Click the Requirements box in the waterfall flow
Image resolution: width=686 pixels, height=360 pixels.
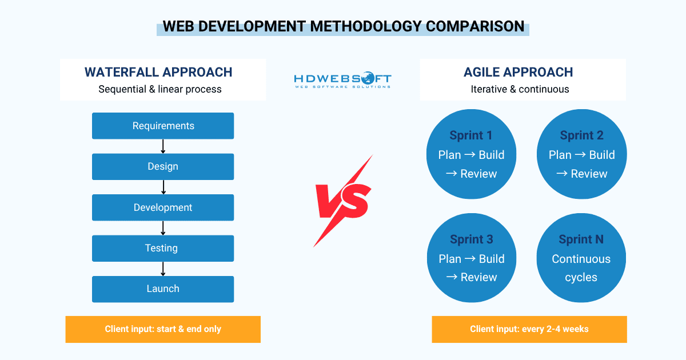pyautogui.click(x=163, y=126)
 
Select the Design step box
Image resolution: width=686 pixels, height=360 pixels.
pyautogui.click(x=163, y=166)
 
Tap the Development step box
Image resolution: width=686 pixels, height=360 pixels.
pyautogui.click(x=163, y=207)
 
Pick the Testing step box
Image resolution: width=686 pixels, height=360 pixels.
pyautogui.click(x=163, y=248)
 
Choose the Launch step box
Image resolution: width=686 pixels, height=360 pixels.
pyautogui.click(x=163, y=289)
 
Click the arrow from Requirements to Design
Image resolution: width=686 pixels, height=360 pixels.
pyautogui.click(x=163, y=146)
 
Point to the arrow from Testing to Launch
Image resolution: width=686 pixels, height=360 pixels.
pyautogui.click(x=163, y=269)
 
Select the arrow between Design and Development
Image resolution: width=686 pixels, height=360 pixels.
pyautogui.click(x=163, y=187)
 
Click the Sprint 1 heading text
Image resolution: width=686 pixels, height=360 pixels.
pyautogui.click(x=471, y=135)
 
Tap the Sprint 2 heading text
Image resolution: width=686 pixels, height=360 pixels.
pyautogui.click(x=581, y=135)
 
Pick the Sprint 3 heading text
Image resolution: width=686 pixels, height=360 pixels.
pyautogui.click(x=471, y=239)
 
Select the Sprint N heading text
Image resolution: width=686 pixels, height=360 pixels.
pyautogui.click(x=581, y=239)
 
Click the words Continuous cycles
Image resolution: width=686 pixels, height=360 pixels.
pyautogui.click(x=581, y=268)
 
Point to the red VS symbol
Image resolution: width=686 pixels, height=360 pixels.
pyautogui.click(x=344, y=201)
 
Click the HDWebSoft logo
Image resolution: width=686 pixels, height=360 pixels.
pyautogui.click(x=342, y=80)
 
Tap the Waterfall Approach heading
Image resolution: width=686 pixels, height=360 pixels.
pyautogui.click(x=158, y=72)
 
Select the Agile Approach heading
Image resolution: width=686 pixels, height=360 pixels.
pyautogui.click(x=518, y=72)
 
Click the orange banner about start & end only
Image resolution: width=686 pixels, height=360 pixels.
pyautogui.click(x=163, y=329)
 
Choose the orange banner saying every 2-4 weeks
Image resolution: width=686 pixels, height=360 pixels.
pyautogui.click(x=529, y=329)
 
